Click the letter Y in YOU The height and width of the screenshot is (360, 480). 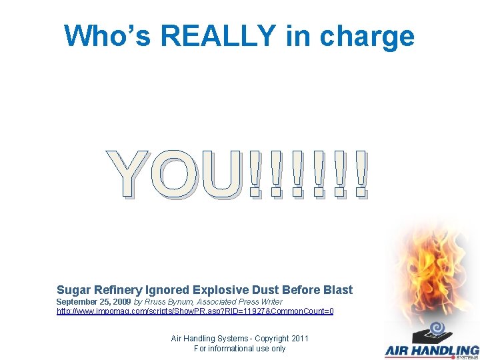pos(131,175)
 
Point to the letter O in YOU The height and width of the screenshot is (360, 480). pos(175,175)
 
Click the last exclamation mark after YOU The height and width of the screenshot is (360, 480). pos(361,175)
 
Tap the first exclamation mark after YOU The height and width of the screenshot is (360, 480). pos(254,175)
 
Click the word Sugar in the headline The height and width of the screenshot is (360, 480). pos(73,290)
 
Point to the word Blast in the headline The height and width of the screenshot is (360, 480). pos(337,290)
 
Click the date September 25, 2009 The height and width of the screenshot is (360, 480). pos(93,302)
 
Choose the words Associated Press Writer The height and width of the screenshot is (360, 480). pos(239,302)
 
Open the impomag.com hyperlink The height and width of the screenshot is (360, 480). pos(195,311)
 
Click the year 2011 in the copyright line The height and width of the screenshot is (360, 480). pos(299,339)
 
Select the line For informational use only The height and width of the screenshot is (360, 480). pos(239,349)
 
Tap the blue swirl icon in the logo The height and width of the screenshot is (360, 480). pos(437,328)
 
